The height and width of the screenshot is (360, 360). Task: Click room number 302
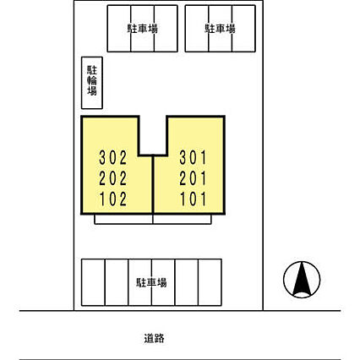(113, 158)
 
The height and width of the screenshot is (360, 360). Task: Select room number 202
(113, 178)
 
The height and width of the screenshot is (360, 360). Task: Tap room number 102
(113, 199)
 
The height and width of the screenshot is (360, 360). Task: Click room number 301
(194, 158)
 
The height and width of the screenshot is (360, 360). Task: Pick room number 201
(194, 178)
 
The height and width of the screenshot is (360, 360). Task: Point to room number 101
(194, 199)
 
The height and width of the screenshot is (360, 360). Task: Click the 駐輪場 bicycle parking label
(92, 80)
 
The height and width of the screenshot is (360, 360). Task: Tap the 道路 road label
(154, 338)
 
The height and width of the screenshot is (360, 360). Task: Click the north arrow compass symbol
(302, 280)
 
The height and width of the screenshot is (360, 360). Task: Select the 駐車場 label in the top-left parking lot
(143, 29)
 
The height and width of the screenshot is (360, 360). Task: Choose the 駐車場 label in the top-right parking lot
(220, 29)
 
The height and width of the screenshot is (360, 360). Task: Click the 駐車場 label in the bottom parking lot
(151, 282)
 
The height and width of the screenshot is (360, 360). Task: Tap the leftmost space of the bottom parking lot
(93, 282)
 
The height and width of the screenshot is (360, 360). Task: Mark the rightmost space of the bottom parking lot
(210, 282)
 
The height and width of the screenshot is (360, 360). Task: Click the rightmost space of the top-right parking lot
(243, 29)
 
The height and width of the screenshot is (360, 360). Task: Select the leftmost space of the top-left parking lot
(119, 29)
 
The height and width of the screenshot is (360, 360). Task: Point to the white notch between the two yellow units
(153, 135)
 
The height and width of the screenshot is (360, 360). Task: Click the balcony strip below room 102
(123, 219)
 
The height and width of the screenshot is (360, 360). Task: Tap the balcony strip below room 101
(182, 219)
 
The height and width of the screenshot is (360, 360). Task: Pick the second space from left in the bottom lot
(117, 282)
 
